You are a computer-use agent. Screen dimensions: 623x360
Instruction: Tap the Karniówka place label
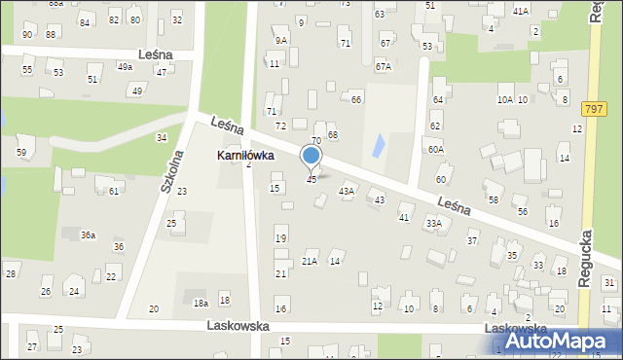(x=244, y=156)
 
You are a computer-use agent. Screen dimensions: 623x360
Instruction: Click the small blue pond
(x=375, y=146)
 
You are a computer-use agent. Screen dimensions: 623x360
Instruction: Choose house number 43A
(x=346, y=192)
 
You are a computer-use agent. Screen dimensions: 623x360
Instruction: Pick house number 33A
(x=433, y=223)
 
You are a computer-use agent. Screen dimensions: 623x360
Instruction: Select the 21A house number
(x=310, y=261)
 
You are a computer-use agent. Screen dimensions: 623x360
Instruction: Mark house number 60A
(x=435, y=150)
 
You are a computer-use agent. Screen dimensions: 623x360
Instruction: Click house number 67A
(x=384, y=67)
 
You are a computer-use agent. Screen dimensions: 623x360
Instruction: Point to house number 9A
(x=280, y=41)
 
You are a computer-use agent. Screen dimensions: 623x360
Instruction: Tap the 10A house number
(x=504, y=100)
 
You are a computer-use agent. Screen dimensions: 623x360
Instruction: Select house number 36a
(x=88, y=235)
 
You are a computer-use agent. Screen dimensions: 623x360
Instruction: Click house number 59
(x=20, y=153)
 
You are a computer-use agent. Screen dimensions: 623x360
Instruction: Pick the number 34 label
(x=161, y=138)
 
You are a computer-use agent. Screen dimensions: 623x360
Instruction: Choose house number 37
(x=472, y=240)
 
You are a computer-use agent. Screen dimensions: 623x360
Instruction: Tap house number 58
(x=494, y=199)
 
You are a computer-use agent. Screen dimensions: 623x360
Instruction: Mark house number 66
(x=356, y=100)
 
